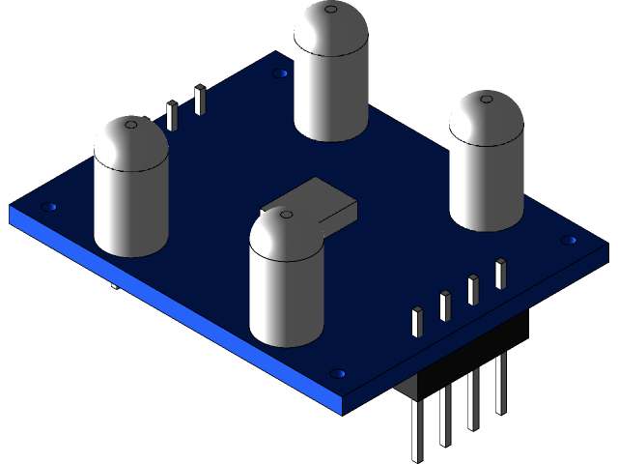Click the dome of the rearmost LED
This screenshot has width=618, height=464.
tap(332, 29)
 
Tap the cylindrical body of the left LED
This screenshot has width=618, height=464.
tap(130, 208)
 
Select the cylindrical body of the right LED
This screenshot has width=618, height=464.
tap(487, 184)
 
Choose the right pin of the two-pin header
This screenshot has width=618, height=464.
tap(200, 100)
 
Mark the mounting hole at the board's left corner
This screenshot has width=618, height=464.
tap(50, 206)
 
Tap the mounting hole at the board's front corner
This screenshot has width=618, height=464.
tap(337, 371)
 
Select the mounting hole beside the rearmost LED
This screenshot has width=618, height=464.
tap(280, 72)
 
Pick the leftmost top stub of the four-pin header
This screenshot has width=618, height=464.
tap(417, 321)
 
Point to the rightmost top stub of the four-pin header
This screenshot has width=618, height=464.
tap(500, 273)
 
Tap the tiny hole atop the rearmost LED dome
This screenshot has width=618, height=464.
tap(330, 11)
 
